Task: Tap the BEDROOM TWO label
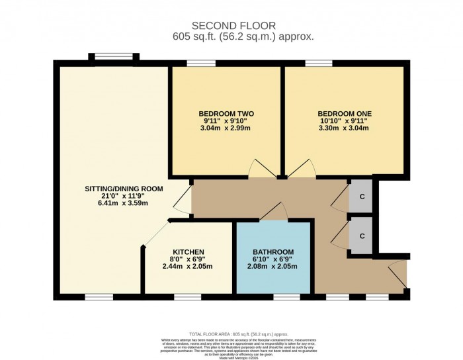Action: click(226, 114)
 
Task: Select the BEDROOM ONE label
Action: click(344, 114)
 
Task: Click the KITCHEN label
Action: click(188, 252)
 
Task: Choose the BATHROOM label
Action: click(273, 252)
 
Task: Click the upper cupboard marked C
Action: click(361, 197)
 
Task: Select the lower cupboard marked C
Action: click(361, 235)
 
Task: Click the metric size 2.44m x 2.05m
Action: click(188, 266)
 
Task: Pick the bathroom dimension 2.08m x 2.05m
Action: click(273, 266)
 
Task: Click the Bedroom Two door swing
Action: click(260, 169)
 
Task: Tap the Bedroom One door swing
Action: click(300, 169)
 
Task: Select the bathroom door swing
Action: click(273, 213)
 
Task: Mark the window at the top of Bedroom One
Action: click(314, 63)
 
